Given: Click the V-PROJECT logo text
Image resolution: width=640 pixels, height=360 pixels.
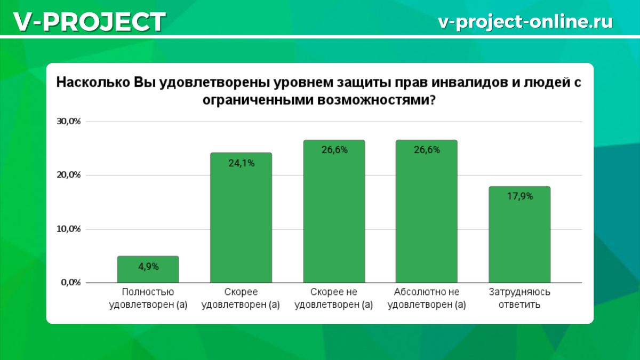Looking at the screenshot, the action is pyautogui.click(x=90, y=21).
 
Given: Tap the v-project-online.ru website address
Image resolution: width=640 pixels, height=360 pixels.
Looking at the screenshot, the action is pyautogui.click(x=525, y=21).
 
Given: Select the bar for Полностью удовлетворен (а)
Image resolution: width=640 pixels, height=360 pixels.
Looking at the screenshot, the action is pyautogui.click(x=148, y=269).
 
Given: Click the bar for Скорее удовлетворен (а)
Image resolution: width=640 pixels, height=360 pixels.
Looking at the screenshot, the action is pyautogui.click(x=241, y=218).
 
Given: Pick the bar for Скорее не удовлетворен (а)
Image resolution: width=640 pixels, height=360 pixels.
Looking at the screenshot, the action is pyautogui.click(x=334, y=211).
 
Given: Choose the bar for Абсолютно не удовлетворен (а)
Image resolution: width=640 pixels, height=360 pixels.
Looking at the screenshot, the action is pyautogui.click(x=427, y=211).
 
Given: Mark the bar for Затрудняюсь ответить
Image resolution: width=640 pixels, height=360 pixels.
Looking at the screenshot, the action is pyautogui.click(x=519, y=235).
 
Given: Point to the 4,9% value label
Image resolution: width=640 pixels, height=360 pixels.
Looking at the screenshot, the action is pyautogui.click(x=148, y=267).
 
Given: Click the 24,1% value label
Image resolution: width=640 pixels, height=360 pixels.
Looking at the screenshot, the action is pyautogui.click(x=242, y=163).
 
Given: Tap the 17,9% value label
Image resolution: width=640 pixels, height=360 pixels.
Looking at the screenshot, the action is pyautogui.click(x=520, y=196).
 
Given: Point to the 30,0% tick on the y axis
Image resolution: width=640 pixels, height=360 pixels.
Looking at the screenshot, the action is pyautogui.click(x=69, y=122).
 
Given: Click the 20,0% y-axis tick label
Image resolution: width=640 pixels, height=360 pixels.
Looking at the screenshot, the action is pyautogui.click(x=69, y=175).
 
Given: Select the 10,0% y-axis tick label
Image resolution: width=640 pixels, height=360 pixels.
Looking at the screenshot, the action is pyautogui.click(x=69, y=229).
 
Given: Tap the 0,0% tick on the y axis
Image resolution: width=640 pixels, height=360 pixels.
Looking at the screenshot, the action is pyautogui.click(x=71, y=282).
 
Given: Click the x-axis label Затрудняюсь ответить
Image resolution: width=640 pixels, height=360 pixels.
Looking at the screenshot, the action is pyautogui.click(x=519, y=298).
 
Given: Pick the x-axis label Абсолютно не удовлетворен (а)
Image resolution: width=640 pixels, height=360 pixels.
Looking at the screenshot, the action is pyautogui.click(x=427, y=298).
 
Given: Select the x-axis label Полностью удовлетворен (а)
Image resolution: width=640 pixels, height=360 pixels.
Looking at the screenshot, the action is pyautogui.click(x=148, y=298).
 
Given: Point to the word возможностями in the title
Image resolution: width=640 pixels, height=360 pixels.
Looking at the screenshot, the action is pyautogui.click(x=377, y=100).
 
